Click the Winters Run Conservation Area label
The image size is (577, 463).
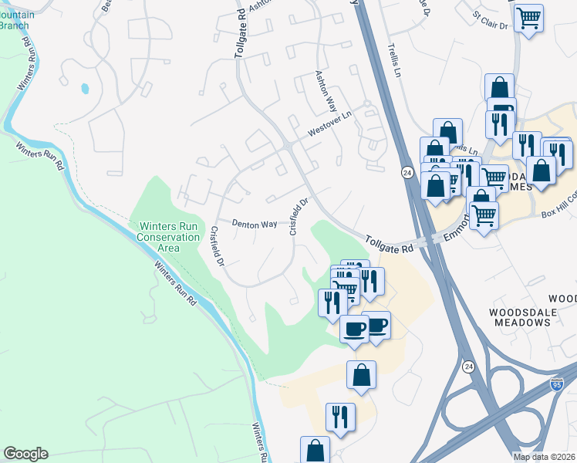(169, 237)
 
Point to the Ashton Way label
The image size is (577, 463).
(326, 92)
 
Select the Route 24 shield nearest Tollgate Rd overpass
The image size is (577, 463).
(407, 172)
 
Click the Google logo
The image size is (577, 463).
(25, 454)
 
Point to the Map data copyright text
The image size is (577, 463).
(543, 457)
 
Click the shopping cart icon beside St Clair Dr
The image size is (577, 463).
(528, 17)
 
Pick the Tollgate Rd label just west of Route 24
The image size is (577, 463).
(390, 245)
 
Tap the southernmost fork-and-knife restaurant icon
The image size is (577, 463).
(340, 417)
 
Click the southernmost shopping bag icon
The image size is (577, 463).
(315, 450)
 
